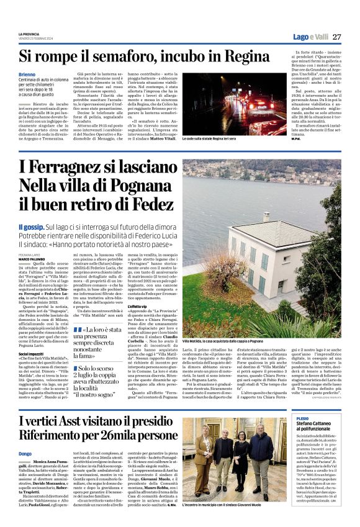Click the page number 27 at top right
(x=336, y=37)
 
